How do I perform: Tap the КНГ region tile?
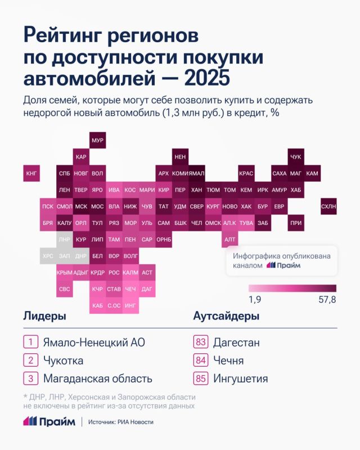tap(31, 174)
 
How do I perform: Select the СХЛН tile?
tap(328, 207)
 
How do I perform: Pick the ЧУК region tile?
tap(295, 157)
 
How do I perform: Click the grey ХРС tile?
tap(48, 256)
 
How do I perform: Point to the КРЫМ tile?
tap(64, 273)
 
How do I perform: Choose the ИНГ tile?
tap(130, 306)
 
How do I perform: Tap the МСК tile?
tap(81, 207)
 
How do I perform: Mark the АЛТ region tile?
tap(229, 240)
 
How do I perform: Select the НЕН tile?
tap(180, 157)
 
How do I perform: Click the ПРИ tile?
tap(295, 223)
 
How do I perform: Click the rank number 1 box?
tap(30, 342)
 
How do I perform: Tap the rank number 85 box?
tap(200, 378)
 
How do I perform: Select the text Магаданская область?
tap(97, 378)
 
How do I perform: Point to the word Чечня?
tap(228, 360)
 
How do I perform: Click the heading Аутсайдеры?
tap(226, 316)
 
